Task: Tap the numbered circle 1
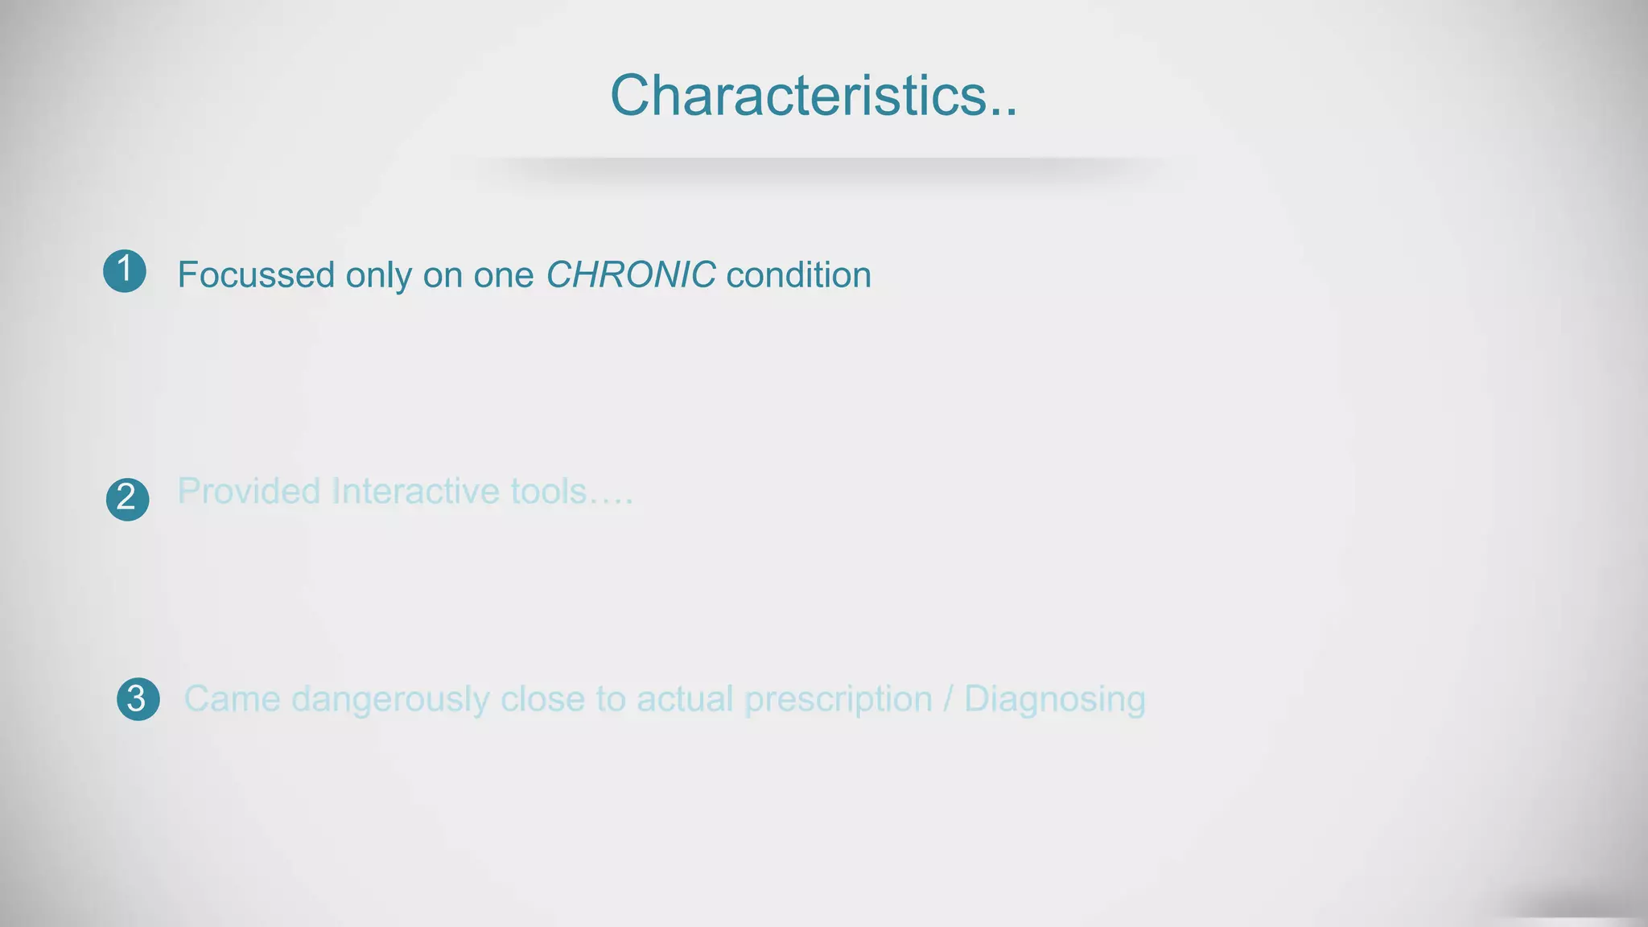pos(125,270)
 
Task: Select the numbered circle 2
pos(127,499)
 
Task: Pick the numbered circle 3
pos(138,698)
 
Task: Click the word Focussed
pos(256,275)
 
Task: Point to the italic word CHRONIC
pos(630,275)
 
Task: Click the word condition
pos(798,275)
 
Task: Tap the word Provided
pos(249,492)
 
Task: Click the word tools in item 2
pos(550,492)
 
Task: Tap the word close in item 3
pos(542,699)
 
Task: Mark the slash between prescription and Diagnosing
pos(948,699)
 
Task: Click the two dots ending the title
pos(1003,113)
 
